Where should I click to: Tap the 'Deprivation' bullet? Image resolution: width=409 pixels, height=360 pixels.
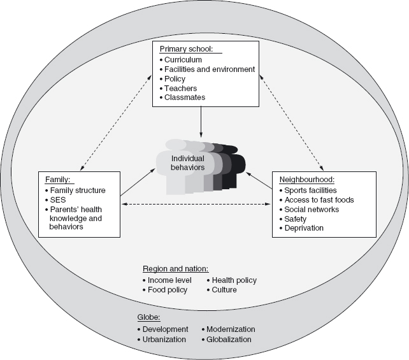(x=304, y=228)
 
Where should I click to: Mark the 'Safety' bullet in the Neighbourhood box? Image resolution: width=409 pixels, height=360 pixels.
(x=295, y=219)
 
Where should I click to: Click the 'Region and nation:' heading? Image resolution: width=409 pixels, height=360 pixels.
(x=176, y=268)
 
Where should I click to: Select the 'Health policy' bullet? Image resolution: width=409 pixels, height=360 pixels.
(x=233, y=280)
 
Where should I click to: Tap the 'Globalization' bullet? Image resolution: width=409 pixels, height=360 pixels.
(x=229, y=340)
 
